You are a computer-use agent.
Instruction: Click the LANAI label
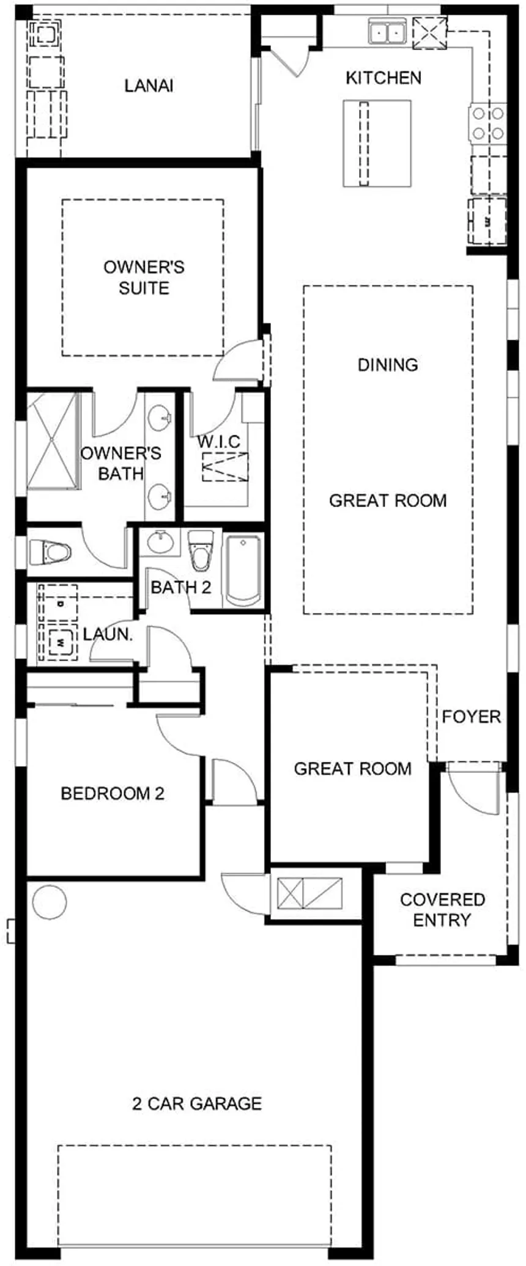pyautogui.click(x=149, y=86)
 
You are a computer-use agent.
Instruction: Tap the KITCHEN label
pyautogui.click(x=383, y=78)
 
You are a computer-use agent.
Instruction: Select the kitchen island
pyautogui.click(x=376, y=143)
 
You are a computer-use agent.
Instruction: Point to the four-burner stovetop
pyautogui.click(x=487, y=123)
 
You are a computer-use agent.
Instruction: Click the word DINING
pyautogui.click(x=388, y=365)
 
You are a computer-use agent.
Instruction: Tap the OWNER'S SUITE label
pyautogui.click(x=144, y=277)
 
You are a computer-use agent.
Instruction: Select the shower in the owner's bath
pyautogui.click(x=53, y=440)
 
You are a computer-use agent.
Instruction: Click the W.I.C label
pyautogui.click(x=219, y=441)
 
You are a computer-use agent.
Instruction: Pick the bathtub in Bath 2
pyautogui.click(x=243, y=571)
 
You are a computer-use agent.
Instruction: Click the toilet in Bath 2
pyautogui.click(x=199, y=551)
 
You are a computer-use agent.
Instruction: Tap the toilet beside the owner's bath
pyautogui.click(x=50, y=552)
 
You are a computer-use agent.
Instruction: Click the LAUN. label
pyautogui.click(x=108, y=634)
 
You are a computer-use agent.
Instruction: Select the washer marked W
pyautogui.click(x=60, y=642)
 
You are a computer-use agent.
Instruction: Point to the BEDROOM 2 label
pyautogui.click(x=113, y=794)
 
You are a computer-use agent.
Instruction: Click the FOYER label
pyautogui.click(x=471, y=716)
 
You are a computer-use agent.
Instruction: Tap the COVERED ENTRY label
pyautogui.click(x=443, y=910)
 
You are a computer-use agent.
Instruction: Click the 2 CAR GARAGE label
pyautogui.click(x=197, y=1103)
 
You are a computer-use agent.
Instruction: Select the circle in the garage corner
pyautogui.click(x=49, y=902)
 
